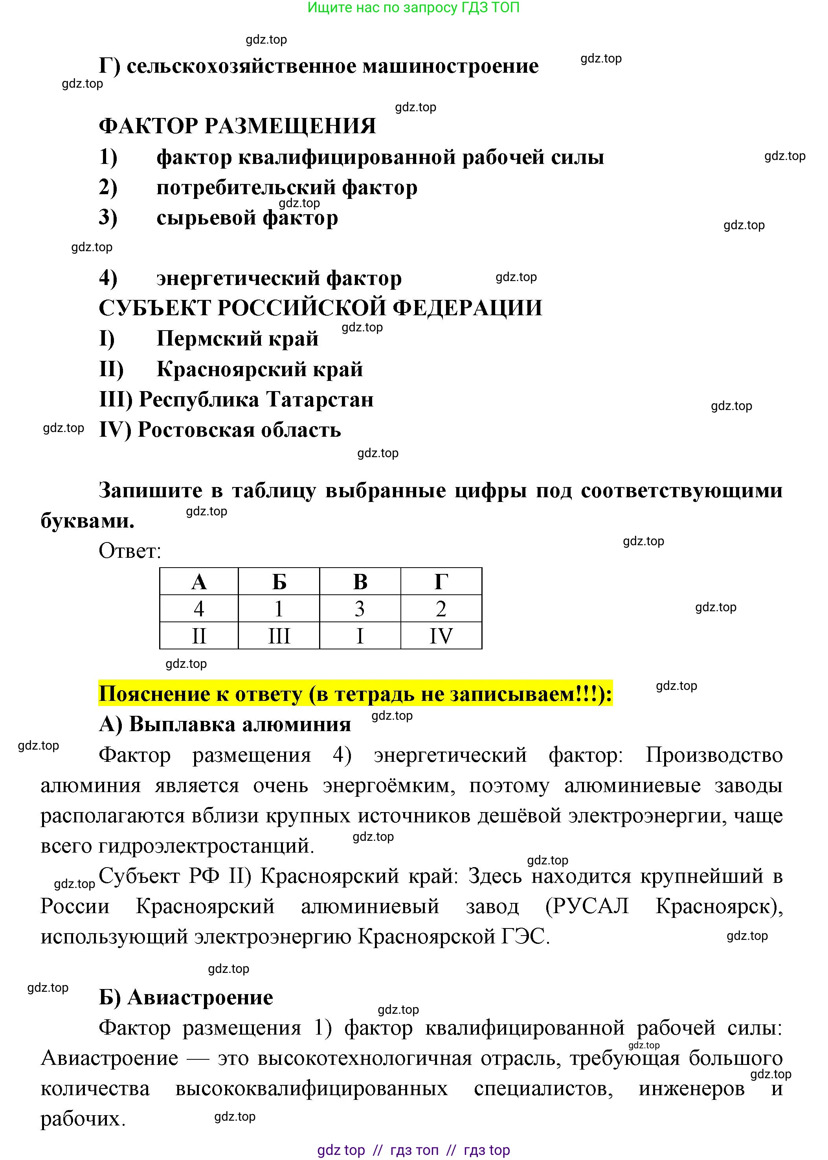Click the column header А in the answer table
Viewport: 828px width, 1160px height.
click(199, 581)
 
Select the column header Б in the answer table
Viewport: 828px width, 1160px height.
click(279, 581)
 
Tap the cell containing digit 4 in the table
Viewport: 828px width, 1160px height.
click(199, 608)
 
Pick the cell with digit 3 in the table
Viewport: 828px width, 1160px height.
click(360, 608)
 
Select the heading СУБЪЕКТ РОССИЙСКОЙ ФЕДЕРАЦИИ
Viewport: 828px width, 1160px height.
click(320, 308)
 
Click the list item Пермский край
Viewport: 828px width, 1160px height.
click(237, 338)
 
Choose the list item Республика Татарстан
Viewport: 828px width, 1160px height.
click(256, 399)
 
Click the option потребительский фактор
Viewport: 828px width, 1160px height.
click(286, 188)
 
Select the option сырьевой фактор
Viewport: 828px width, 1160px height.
click(247, 218)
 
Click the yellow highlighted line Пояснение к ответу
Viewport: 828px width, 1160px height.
click(355, 694)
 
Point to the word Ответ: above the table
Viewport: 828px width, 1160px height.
click(130, 551)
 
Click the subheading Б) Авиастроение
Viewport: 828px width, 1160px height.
click(186, 997)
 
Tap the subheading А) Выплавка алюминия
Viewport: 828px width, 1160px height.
click(225, 724)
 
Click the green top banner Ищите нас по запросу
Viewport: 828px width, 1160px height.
click(413, 7)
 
